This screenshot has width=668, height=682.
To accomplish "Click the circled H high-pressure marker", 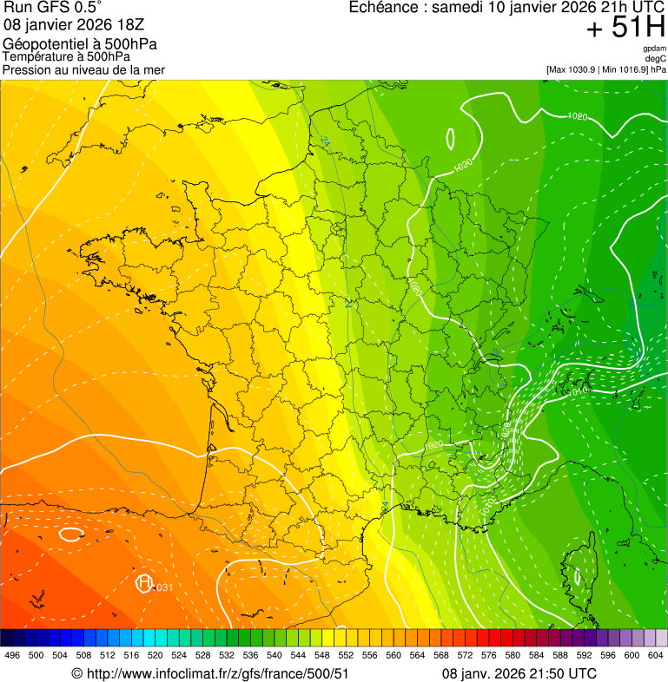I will [145, 583].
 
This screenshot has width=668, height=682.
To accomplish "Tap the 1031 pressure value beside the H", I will [162, 588].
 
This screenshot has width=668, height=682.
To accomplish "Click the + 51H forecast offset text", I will [625, 28].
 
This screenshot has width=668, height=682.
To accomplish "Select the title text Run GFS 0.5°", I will [53, 8].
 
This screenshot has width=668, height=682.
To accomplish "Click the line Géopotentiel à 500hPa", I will [80, 44].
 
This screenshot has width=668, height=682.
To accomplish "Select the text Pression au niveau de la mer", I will [83, 69].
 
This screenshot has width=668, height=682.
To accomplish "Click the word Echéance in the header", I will [386, 8].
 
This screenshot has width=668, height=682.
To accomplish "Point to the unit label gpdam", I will [654, 49].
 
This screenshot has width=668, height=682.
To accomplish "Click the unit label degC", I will [656, 58].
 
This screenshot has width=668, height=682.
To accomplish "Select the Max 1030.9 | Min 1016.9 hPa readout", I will [606, 69].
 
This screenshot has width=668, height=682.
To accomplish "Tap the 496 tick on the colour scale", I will [12, 655].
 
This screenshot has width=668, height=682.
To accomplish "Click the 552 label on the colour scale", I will [345, 655].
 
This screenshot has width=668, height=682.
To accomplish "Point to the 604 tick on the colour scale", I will [656, 655].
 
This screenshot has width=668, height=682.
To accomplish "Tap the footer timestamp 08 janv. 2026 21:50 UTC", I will [519, 673].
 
